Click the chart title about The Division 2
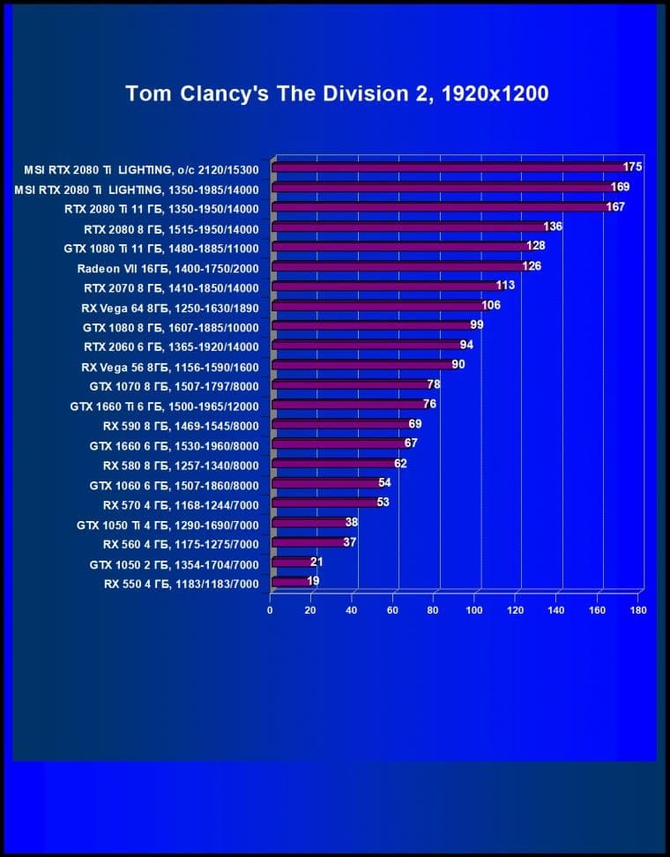click(x=337, y=93)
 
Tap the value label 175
click(x=632, y=167)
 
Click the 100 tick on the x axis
click(x=475, y=610)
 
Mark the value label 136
click(x=553, y=227)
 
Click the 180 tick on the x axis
click(x=638, y=610)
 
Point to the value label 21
click(x=317, y=562)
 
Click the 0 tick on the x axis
click(x=271, y=610)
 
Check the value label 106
click(x=491, y=306)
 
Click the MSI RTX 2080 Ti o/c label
click(x=142, y=168)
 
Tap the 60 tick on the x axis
click(x=393, y=610)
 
